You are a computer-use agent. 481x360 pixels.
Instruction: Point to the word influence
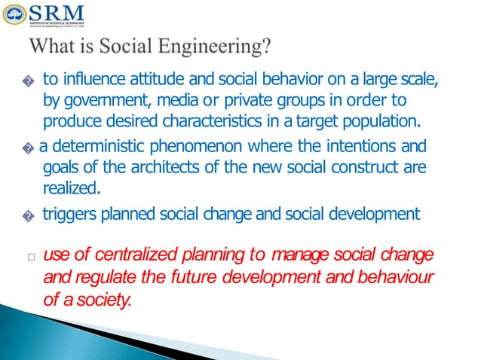89,80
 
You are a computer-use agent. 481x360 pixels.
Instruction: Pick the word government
101,101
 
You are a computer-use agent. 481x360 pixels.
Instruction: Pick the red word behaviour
397,276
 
